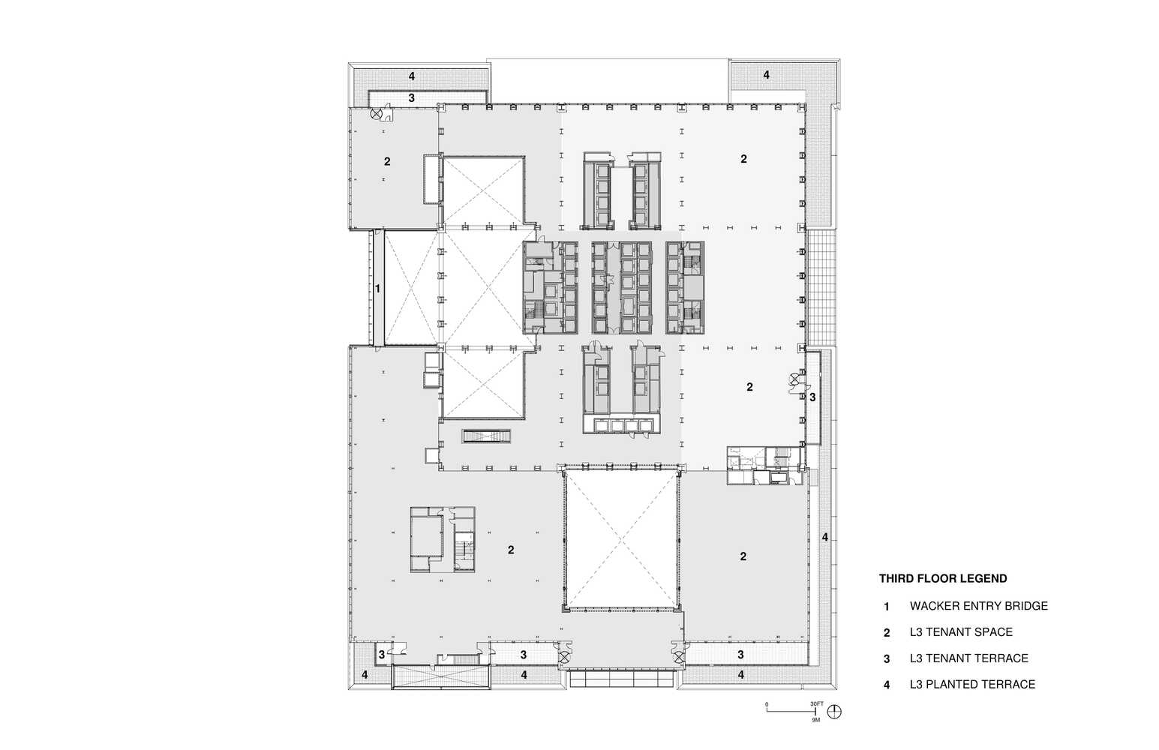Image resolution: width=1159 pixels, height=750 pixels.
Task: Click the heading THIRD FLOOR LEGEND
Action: coord(943,578)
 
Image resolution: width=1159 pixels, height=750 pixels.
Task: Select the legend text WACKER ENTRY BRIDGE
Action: coord(978,606)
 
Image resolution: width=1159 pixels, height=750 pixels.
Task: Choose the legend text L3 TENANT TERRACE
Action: coord(968,658)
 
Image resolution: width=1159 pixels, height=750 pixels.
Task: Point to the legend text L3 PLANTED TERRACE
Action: coord(972,685)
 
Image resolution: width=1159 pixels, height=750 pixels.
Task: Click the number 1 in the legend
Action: coord(887,607)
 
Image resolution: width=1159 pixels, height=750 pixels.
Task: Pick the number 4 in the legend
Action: coord(887,685)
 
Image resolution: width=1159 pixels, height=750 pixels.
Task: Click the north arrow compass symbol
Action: coord(835,712)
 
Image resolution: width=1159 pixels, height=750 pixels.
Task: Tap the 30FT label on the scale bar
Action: coord(816,703)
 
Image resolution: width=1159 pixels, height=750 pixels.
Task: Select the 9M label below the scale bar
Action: coord(816,719)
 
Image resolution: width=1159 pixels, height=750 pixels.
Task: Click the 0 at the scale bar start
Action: coord(767,704)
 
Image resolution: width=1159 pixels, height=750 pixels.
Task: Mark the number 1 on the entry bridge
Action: coord(378,288)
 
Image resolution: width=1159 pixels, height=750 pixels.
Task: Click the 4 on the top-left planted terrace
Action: coord(412,76)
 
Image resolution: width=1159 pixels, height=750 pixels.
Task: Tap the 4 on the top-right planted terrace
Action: coord(766,75)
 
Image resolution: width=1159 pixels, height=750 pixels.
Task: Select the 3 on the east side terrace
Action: coord(812,397)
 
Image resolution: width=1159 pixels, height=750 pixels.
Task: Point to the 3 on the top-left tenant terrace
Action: coord(411,98)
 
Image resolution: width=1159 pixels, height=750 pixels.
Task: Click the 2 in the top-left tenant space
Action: coord(387,161)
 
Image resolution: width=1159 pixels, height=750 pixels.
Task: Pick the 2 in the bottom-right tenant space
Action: coord(743,556)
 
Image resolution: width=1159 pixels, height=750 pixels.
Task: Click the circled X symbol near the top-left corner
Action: coord(378,114)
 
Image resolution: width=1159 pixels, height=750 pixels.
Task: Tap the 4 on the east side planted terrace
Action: coord(825,537)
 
